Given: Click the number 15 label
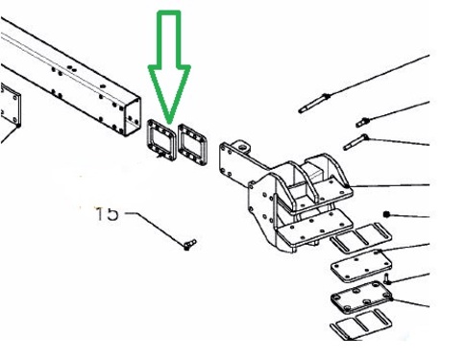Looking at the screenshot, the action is [x=108, y=214].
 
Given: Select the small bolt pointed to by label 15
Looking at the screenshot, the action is [x=190, y=244].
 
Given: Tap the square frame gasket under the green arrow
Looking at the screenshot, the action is [x=161, y=140].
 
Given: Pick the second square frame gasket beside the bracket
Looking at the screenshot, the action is [x=192, y=145].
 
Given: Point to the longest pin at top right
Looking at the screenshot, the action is [x=314, y=103].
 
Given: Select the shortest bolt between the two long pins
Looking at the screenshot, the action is [x=363, y=122].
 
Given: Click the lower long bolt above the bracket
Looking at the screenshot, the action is [x=356, y=142].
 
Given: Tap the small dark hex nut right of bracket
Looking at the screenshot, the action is [x=387, y=214].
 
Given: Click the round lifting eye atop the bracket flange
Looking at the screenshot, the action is [x=243, y=146].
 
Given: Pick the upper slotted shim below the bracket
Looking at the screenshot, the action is [x=361, y=236].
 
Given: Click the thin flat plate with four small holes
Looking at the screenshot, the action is [x=361, y=266].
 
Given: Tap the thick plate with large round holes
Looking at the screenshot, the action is [x=361, y=298].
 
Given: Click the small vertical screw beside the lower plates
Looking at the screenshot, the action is [x=387, y=279].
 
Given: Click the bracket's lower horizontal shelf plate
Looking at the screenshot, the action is [x=315, y=229].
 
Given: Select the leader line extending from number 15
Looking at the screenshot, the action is [x=155, y=228].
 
